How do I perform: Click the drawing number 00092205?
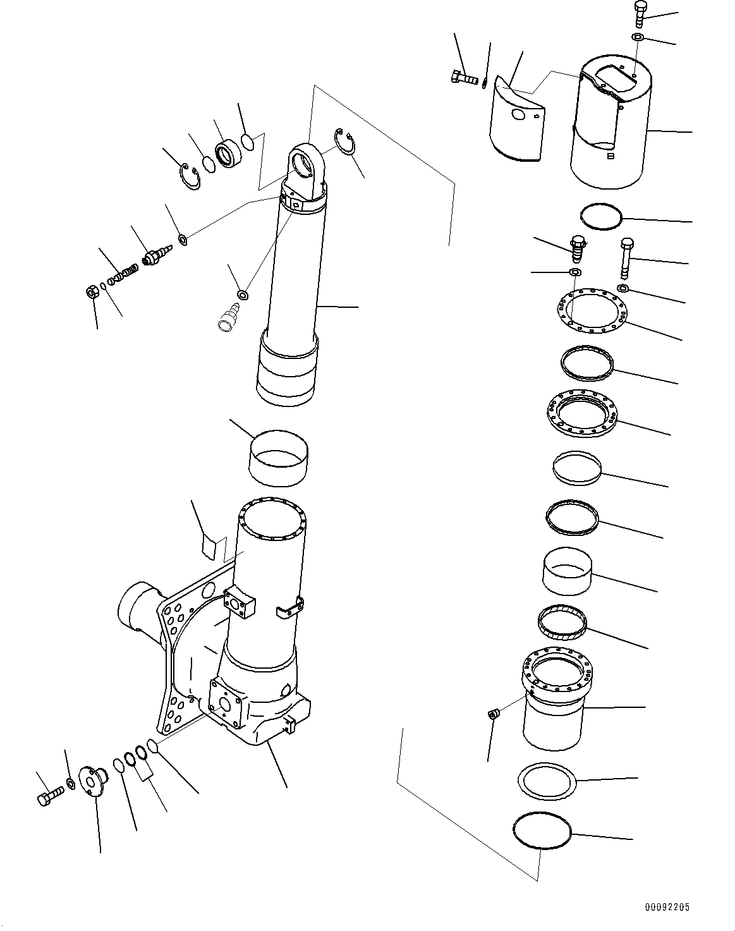667,907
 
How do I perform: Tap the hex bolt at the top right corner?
638,14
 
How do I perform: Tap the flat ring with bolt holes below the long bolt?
592,312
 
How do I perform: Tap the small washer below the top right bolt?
638,39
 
